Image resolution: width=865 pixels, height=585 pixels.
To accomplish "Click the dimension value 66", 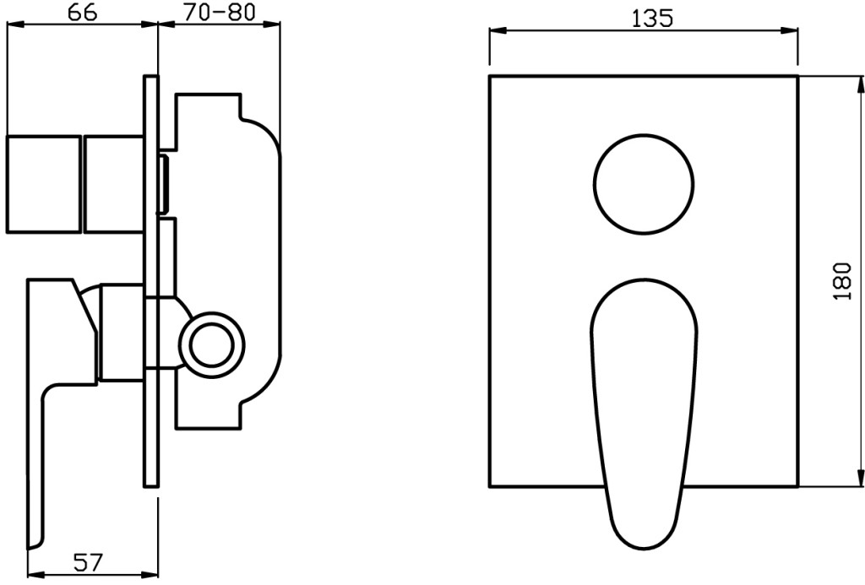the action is tap(83, 12).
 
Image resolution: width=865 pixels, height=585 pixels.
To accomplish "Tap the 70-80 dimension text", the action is tap(219, 12).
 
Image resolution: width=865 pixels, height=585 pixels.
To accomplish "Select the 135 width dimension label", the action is tap(652, 19).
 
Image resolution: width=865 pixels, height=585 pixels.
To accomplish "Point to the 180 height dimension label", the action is tap(843, 280).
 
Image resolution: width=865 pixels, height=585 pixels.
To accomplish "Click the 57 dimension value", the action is tap(88, 562).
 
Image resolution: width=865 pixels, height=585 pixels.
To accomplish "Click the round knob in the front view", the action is tap(644, 184).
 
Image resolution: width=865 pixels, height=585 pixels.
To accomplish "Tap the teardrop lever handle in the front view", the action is tap(644, 414).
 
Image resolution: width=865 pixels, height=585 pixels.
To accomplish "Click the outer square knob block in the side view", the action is tap(43, 184).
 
